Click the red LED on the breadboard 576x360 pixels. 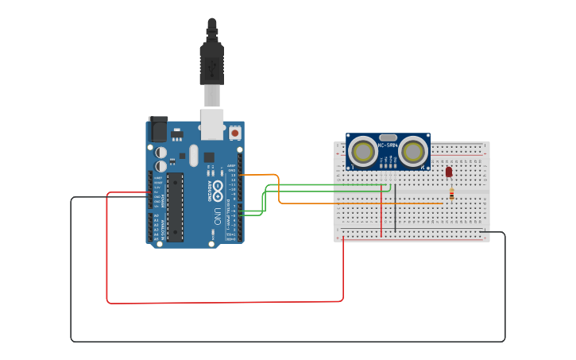tap(449, 171)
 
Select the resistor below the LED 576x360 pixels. tap(452, 193)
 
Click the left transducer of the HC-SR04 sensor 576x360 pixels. tap(363, 152)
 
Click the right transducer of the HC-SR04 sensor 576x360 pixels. tap(413, 152)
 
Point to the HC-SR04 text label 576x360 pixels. tap(388, 145)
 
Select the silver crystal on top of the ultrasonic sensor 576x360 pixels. tap(388, 137)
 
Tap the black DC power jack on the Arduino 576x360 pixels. tap(157, 130)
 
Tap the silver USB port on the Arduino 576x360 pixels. tap(212, 124)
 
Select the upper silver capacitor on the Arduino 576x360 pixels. tap(161, 151)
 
